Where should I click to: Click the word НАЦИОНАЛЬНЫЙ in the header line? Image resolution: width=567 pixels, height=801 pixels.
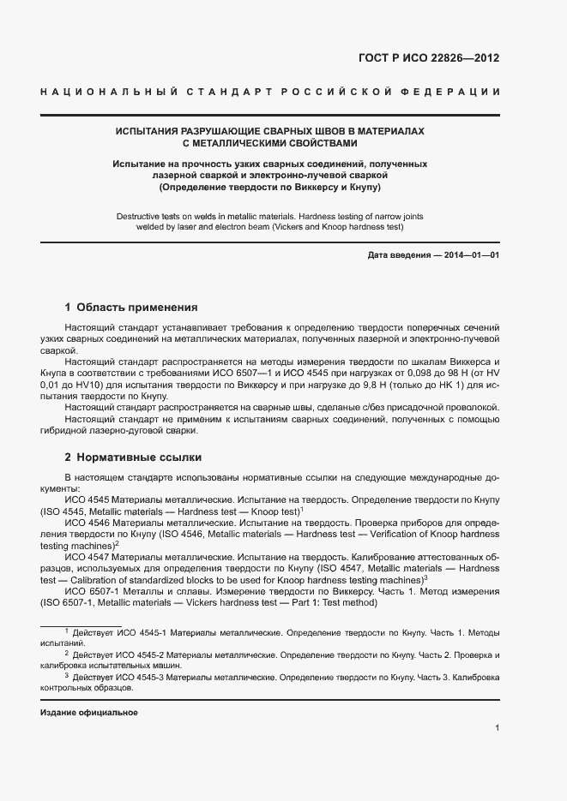tap(108, 92)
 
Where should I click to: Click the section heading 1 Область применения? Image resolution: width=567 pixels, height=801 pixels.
tap(131, 307)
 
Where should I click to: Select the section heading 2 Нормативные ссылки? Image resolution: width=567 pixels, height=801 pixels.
tap(133, 457)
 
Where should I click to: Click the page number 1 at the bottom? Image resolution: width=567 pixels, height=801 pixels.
tap(498, 728)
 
